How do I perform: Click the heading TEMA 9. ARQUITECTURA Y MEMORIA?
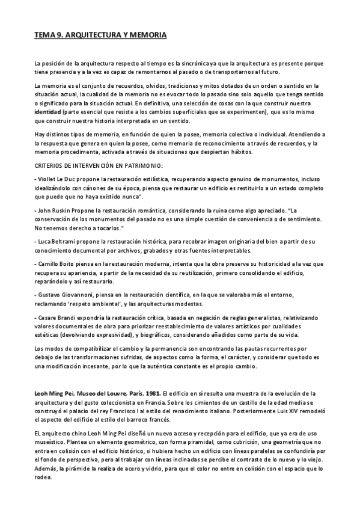click(x=100, y=36)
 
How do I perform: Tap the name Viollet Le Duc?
click(x=55, y=179)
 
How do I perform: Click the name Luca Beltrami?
click(x=56, y=241)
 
